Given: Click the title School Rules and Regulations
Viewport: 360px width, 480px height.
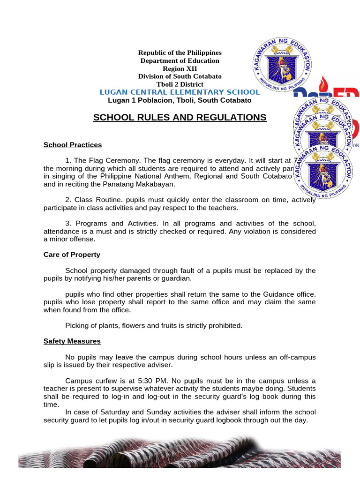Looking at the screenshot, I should pos(180,117).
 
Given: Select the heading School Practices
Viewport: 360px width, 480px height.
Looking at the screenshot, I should pos(73,145).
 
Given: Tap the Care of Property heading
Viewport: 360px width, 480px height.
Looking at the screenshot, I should pos(72,255).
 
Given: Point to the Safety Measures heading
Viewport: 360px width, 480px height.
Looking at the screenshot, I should pos(72,341).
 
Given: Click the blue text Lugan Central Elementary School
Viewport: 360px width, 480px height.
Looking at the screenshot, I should pos(180,92).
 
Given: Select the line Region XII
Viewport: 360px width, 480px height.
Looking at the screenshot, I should pos(180,68).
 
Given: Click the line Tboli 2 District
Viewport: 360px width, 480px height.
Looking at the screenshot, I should pos(180,84).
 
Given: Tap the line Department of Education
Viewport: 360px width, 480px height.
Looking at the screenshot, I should pos(180,60).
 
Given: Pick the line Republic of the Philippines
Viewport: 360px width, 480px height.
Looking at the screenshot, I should pos(180,52).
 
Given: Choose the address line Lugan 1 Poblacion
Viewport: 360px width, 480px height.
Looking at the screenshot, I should pos(180,100).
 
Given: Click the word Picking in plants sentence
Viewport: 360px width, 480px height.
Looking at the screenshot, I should pos(77,325).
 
